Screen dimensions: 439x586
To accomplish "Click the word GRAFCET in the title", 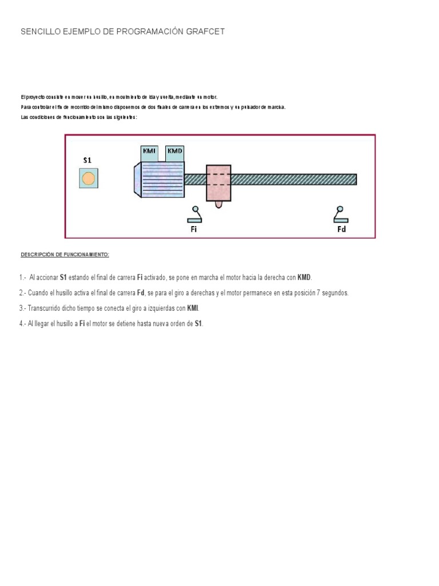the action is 205,32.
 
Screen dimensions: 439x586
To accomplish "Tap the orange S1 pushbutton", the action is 88,179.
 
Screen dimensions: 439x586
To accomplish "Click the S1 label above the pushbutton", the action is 87,161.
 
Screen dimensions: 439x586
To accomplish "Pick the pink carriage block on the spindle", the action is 218,183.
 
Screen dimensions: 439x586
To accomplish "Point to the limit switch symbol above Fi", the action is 194,215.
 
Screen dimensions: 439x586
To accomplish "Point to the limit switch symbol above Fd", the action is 341,215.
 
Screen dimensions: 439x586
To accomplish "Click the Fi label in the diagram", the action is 194,229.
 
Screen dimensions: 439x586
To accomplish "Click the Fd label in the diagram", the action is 341,229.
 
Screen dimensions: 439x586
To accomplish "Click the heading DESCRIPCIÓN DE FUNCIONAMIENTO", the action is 65,254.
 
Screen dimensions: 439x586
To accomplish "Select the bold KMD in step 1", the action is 304,278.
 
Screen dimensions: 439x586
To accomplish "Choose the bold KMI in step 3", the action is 193,308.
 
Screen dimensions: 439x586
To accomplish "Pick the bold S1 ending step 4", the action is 198,324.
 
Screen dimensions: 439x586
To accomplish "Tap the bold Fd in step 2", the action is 140,293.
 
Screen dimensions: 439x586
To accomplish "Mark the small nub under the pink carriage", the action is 218,204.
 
